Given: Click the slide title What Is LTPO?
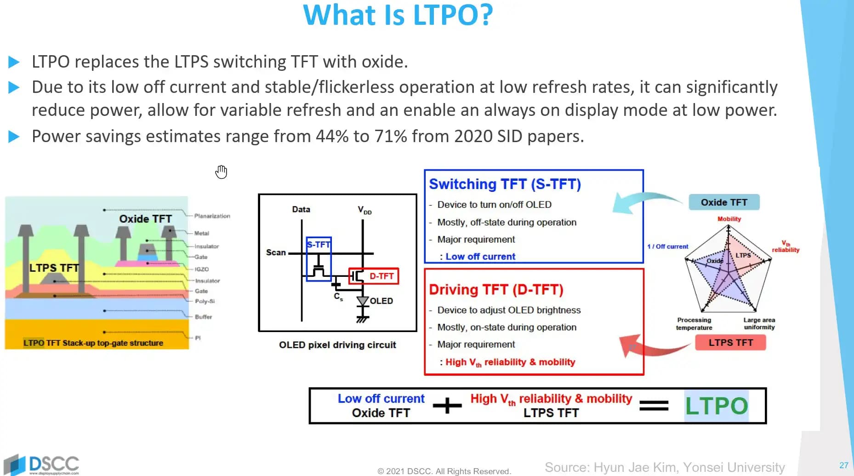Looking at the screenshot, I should pos(398,15).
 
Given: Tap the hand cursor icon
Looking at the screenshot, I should pos(221,172).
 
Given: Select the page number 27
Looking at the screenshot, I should pos(843,465).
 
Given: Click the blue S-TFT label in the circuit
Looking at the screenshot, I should pos(319,245).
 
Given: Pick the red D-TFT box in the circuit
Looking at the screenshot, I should pos(374,276).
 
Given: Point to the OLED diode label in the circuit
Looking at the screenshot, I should pos(381,301).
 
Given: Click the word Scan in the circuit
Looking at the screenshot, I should pos(276,252).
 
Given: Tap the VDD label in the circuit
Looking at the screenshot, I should pos(364,210).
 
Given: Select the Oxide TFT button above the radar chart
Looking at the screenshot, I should pos(724,202).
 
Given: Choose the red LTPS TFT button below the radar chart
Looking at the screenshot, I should pos(730,343).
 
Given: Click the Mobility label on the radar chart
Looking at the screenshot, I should pos(729,219).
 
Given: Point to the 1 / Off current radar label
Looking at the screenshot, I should pos(667,247).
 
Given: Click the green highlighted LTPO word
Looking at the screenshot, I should pos(716,406).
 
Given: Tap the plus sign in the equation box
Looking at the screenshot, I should pos(447,406).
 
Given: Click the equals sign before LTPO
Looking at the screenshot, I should pos(654,406).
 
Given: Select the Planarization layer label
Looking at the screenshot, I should pos(212,216).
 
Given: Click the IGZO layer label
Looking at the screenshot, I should pos(201,269).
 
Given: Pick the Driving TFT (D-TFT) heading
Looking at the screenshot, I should pos(496,290).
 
